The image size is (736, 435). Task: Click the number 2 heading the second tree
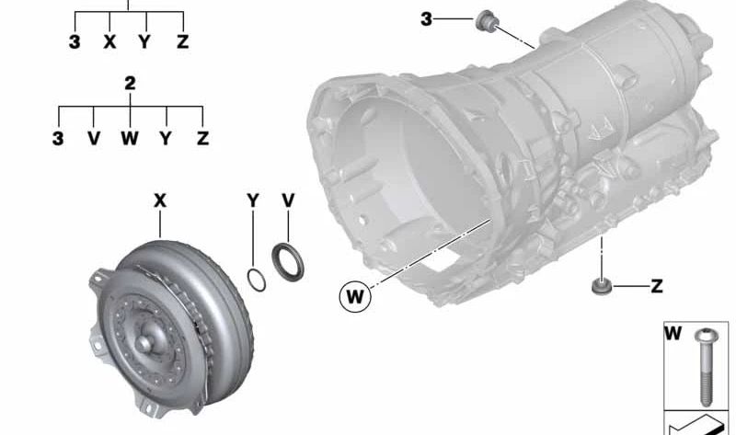130,84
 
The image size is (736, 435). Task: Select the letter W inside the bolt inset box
674,333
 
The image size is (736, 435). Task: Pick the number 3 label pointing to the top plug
426,18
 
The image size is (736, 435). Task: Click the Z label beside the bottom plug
657,287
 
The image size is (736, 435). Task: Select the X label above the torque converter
161,200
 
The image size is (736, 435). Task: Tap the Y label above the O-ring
253,200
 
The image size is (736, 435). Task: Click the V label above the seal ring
288,200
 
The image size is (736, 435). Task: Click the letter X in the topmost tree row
110,42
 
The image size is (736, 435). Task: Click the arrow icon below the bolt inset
698,424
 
